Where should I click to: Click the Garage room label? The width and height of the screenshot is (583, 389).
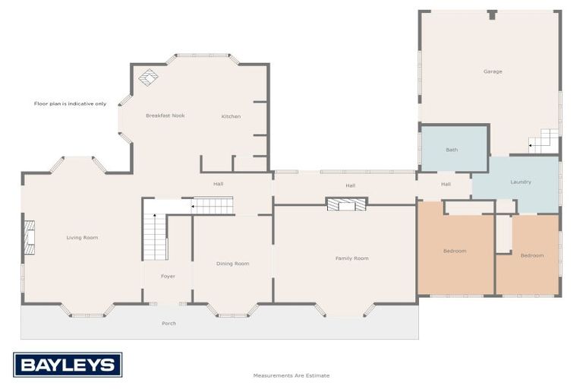tap(493, 71)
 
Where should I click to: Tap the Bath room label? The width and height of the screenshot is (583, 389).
tap(452, 150)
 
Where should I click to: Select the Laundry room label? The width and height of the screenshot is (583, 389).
tap(521, 182)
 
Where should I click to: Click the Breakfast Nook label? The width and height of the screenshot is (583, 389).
tap(165, 115)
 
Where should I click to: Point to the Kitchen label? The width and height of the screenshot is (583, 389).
tap(231, 116)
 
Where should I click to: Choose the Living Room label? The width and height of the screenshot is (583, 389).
tap(82, 238)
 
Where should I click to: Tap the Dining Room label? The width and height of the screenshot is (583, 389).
tap(232, 264)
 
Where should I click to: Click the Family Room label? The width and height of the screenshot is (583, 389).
tap(351, 258)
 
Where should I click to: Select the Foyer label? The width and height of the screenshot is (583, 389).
tap(168, 276)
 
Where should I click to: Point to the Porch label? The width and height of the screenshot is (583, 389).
tap(169, 323)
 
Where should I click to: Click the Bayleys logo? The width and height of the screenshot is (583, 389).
tap(68, 365)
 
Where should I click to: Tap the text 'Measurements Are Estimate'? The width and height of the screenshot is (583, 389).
tap(291, 375)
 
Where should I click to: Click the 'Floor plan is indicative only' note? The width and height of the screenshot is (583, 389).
tap(71, 103)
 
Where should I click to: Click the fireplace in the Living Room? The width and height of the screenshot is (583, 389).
tap(30, 237)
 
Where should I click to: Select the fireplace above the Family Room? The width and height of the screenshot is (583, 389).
tap(346, 203)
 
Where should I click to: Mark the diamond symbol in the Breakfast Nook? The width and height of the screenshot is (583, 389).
tap(149, 77)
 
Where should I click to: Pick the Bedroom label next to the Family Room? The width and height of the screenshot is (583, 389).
tap(455, 251)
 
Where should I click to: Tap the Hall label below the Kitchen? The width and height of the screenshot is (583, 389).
tap(218, 184)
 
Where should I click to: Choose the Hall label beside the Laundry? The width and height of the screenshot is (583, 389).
tap(446, 184)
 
